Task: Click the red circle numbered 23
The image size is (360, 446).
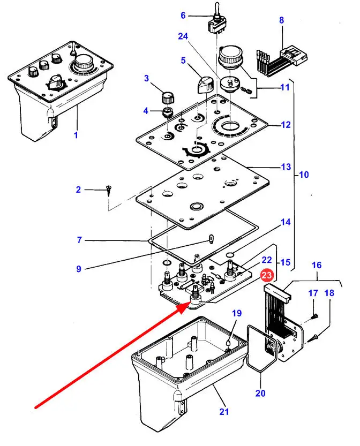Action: pyautogui.click(x=266, y=276)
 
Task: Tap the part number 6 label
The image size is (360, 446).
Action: pyautogui.click(x=183, y=16)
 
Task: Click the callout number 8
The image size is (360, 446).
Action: pyautogui.click(x=281, y=20)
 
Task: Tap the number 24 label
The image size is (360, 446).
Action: pyautogui.click(x=184, y=36)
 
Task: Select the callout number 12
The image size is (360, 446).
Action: pyautogui.click(x=286, y=125)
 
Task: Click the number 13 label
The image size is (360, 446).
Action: pyautogui.click(x=286, y=167)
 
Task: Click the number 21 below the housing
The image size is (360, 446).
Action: pyautogui.click(x=224, y=412)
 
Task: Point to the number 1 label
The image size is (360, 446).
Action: pyautogui.click(x=76, y=135)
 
